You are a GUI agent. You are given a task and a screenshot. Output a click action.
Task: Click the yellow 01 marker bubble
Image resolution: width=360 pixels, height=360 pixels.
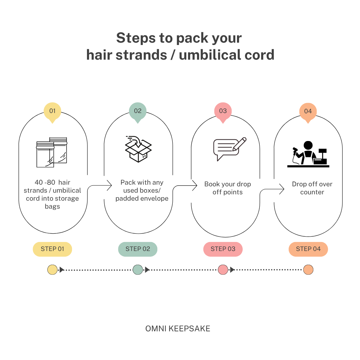coord(52,112)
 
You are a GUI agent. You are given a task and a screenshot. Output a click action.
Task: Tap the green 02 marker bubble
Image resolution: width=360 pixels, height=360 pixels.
coord(138,112)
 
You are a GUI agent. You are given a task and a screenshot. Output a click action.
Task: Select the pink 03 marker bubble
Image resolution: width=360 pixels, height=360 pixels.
coord(223,112)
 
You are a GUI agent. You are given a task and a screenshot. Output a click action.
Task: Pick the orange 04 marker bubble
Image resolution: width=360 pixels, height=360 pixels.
coord(308,112)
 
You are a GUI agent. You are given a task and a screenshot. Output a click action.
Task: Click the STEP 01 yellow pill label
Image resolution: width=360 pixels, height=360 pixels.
coord(52,249)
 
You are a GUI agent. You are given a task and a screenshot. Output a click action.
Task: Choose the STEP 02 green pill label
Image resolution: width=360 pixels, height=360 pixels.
coord(138,249)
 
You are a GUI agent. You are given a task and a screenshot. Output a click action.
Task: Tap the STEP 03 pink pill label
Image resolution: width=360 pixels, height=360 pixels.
coord(223,249)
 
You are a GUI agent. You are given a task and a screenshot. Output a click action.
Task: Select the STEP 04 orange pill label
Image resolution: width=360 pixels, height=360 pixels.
coord(308,249)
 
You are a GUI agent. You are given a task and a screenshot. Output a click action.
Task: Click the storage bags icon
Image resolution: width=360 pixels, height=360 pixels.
coord(52,152)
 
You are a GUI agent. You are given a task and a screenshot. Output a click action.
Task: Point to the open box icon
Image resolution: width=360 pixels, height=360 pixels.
coord(138,149)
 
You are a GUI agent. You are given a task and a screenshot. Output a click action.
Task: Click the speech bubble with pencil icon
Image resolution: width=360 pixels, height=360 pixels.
coord(230,149)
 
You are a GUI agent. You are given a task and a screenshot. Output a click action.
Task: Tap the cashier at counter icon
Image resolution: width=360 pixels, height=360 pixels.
coord(308,154)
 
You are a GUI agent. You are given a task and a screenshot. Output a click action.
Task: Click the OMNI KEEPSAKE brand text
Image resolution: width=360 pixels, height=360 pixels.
coord(178,329)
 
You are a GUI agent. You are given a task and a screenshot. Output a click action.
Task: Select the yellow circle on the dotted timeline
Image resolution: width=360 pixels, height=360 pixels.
coord(52,270)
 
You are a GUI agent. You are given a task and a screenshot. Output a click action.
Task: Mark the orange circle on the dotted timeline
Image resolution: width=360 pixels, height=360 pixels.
coord(308,270)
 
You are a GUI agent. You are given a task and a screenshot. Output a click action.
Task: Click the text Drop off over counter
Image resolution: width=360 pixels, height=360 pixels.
coord(312,188)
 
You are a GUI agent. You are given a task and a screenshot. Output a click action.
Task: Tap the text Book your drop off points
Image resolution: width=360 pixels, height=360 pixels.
coord(228,188)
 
